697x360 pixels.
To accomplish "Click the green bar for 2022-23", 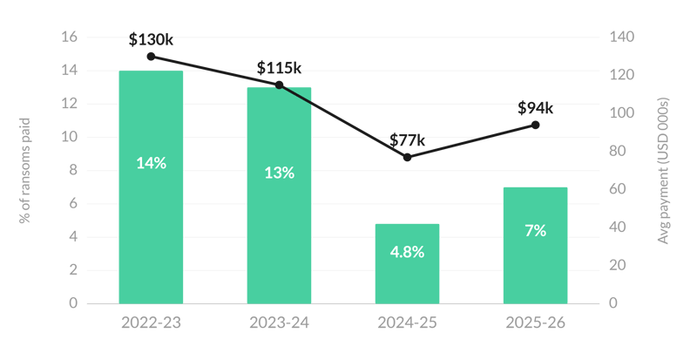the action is (x=151, y=187).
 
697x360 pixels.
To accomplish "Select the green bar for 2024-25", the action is (x=407, y=264).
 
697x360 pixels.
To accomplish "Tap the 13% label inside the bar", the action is (x=279, y=173).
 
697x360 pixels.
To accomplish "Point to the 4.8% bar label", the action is (x=407, y=252).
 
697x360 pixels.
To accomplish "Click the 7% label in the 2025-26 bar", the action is (x=535, y=230).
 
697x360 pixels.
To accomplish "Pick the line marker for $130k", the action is (x=151, y=57).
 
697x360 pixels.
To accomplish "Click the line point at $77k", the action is (x=407, y=157).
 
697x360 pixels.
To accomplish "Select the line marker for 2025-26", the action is (x=536, y=125).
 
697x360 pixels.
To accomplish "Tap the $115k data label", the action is (x=279, y=68).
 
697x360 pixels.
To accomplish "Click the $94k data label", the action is (x=535, y=108).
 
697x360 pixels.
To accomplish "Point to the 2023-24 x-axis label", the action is (x=279, y=323).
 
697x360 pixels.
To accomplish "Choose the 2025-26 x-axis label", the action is (x=535, y=323).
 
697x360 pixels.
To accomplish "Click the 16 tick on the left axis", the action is (x=70, y=37).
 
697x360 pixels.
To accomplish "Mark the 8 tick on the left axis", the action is (x=73, y=170).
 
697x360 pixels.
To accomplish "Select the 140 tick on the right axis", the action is (x=622, y=37).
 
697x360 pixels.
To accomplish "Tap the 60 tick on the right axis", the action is (x=618, y=189).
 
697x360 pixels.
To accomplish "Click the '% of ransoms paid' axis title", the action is (x=25, y=171).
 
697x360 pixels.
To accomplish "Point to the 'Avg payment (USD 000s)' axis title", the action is (x=663, y=171).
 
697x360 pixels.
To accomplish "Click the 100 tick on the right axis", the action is (x=622, y=113).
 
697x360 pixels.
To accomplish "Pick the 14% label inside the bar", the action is (x=151, y=163).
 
